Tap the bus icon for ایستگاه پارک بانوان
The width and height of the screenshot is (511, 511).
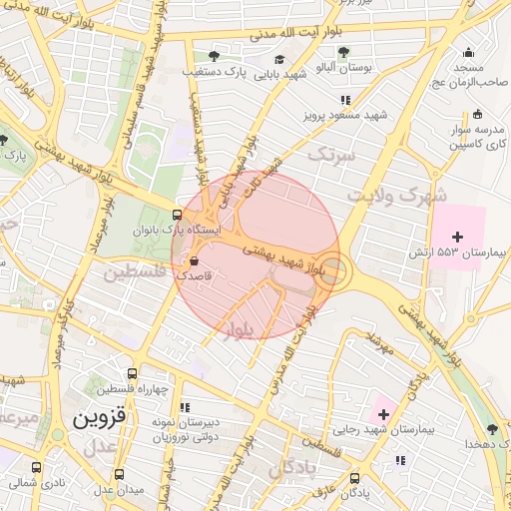click(x=178, y=215)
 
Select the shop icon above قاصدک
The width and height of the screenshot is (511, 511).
click(x=192, y=261)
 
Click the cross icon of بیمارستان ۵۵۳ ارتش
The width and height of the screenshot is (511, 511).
click(x=457, y=237)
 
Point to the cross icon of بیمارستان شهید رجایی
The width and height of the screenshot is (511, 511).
click(x=383, y=413)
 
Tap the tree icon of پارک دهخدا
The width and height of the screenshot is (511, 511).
click(x=491, y=429)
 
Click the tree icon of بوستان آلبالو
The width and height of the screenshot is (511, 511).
click(x=343, y=52)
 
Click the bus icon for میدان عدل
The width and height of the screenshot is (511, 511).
click(x=120, y=474)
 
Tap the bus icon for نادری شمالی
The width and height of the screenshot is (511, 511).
click(x=37, y=467)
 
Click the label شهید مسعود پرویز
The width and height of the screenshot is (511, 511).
click(x=345, y=116)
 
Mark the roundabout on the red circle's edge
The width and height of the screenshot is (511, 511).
click(x=333, y=269)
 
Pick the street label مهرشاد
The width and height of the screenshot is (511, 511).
click(x=380, y=344)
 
